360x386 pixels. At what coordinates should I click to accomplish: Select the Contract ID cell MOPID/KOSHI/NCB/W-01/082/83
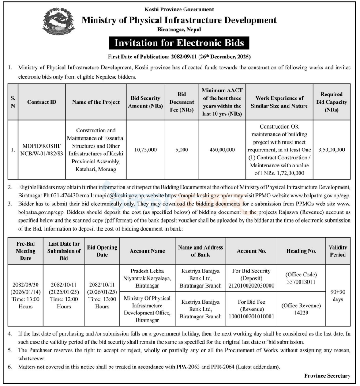coord(41,150)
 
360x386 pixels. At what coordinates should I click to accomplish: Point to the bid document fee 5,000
coord(181,150)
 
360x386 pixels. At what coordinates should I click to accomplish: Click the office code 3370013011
coord(302,282)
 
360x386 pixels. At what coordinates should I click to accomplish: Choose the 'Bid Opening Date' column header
coord(102,251)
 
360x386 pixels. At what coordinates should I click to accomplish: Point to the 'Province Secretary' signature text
coord(327,376)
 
